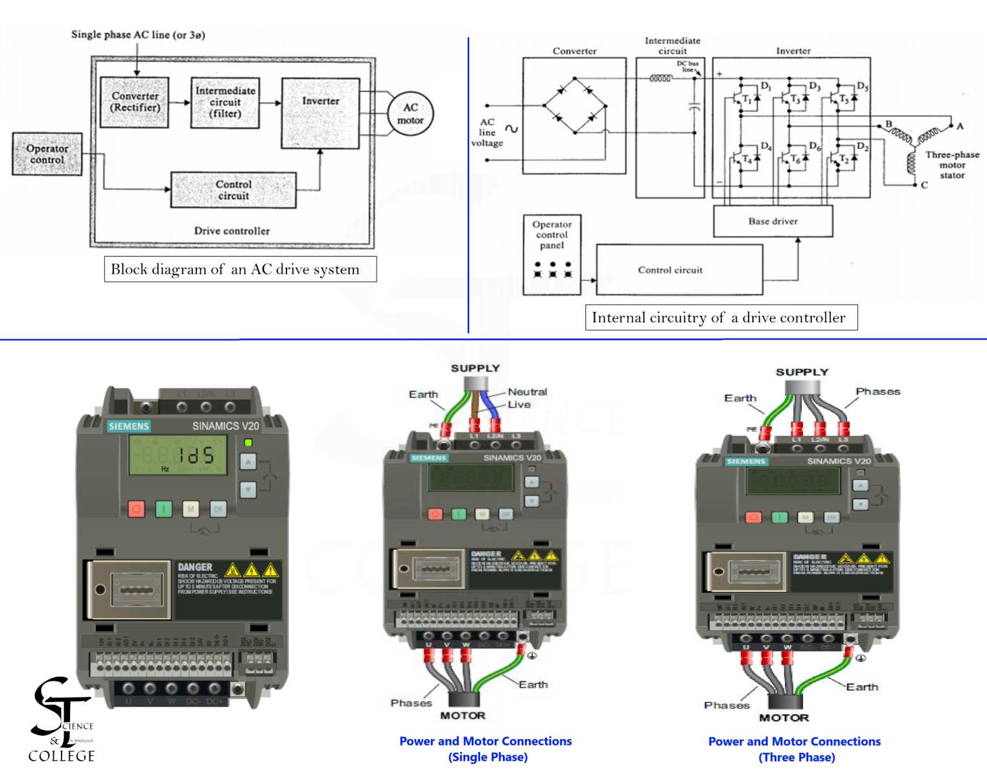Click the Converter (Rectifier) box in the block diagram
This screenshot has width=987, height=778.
tap(135, 102)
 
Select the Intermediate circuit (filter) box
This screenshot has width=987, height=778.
tap(225, 102)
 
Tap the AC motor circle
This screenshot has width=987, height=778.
tap(410, 114)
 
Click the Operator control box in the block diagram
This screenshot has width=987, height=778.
tap(47, 154)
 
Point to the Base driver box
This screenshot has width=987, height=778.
tap(772, 221)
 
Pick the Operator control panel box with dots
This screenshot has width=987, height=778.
tap(552, 255)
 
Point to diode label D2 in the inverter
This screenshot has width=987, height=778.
tap(862, 147)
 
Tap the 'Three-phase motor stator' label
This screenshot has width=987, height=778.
tap(951, 165)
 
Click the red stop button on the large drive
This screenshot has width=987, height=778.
tap(136, 509)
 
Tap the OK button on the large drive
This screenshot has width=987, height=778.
tap(218, 509)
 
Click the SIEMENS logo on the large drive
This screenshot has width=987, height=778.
tap(129, 426)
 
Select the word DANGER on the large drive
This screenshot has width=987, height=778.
tap(195, 567)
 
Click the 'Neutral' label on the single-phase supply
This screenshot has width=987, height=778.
tap(527, 392)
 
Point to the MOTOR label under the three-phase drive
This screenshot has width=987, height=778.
tap(784, 718)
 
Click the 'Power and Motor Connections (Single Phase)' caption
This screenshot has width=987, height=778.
tap(485, 749)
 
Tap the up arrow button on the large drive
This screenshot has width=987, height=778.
tap(248, 462)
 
